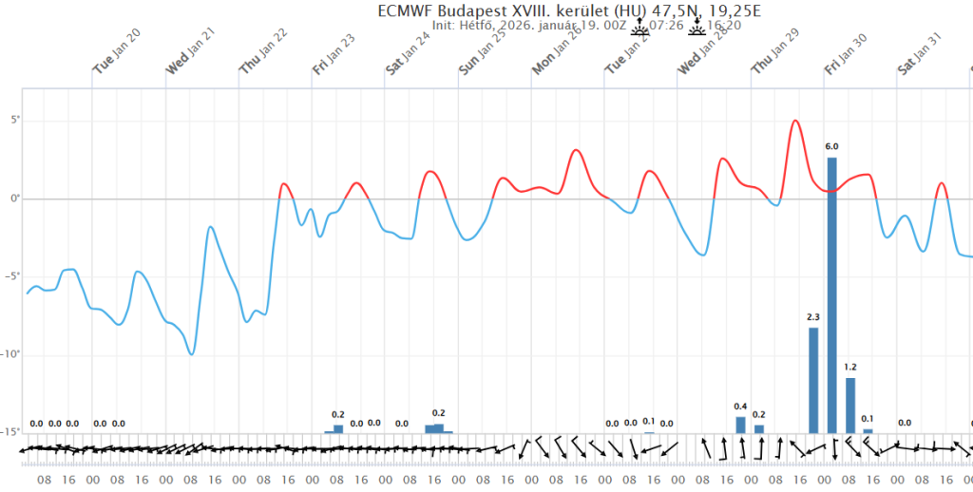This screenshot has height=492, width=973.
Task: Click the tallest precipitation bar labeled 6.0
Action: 831,294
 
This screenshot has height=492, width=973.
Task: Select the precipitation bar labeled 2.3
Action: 813,380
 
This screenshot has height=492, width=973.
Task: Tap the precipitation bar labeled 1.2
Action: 850,405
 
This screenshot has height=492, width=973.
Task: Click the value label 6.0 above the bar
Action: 831,147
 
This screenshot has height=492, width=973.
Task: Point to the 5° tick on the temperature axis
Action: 13,121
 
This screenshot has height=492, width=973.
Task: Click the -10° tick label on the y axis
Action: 11,354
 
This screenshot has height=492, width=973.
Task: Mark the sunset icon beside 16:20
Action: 698,24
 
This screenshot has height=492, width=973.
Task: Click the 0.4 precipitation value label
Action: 741,407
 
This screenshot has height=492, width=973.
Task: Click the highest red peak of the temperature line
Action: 795,121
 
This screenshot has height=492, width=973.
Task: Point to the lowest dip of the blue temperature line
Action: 192,354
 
